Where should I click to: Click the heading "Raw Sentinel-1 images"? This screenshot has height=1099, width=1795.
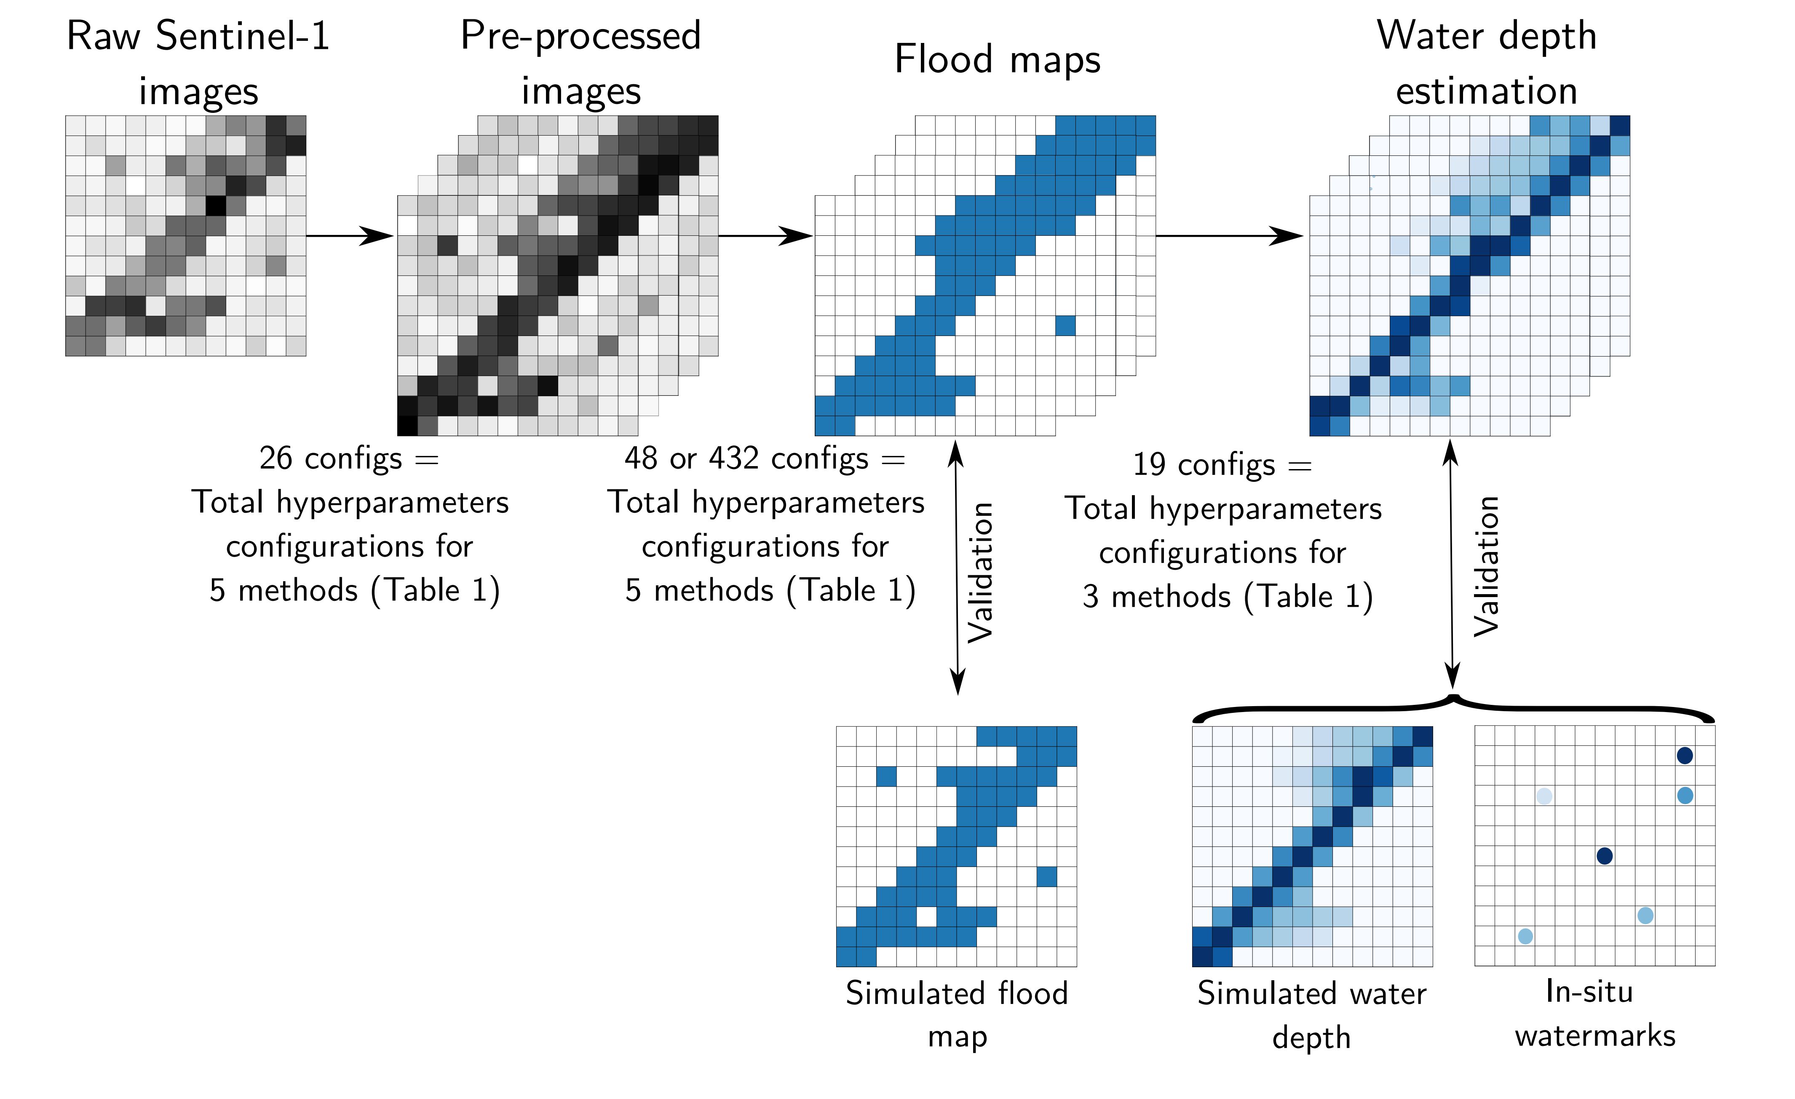click(198, 64)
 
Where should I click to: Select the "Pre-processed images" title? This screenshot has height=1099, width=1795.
click(580, 64)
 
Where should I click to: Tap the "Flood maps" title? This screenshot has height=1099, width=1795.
click(997, 60)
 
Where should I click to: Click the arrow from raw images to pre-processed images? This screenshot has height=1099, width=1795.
click(350, 236)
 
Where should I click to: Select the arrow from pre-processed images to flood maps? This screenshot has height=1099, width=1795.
click(765, 236)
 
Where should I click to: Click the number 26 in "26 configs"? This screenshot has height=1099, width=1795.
click(276, 459)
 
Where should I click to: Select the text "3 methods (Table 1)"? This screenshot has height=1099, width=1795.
click(1228, 597)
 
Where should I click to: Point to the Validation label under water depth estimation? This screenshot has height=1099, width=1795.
click(1486, 567)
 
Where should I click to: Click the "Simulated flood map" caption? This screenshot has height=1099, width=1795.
click(957, 1014)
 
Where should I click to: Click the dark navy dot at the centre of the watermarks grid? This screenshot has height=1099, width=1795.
click(1604, 856)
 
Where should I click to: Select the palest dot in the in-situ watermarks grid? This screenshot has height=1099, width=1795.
click(1544, 796)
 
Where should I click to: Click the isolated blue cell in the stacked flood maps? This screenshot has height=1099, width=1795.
click(1065, 325)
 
